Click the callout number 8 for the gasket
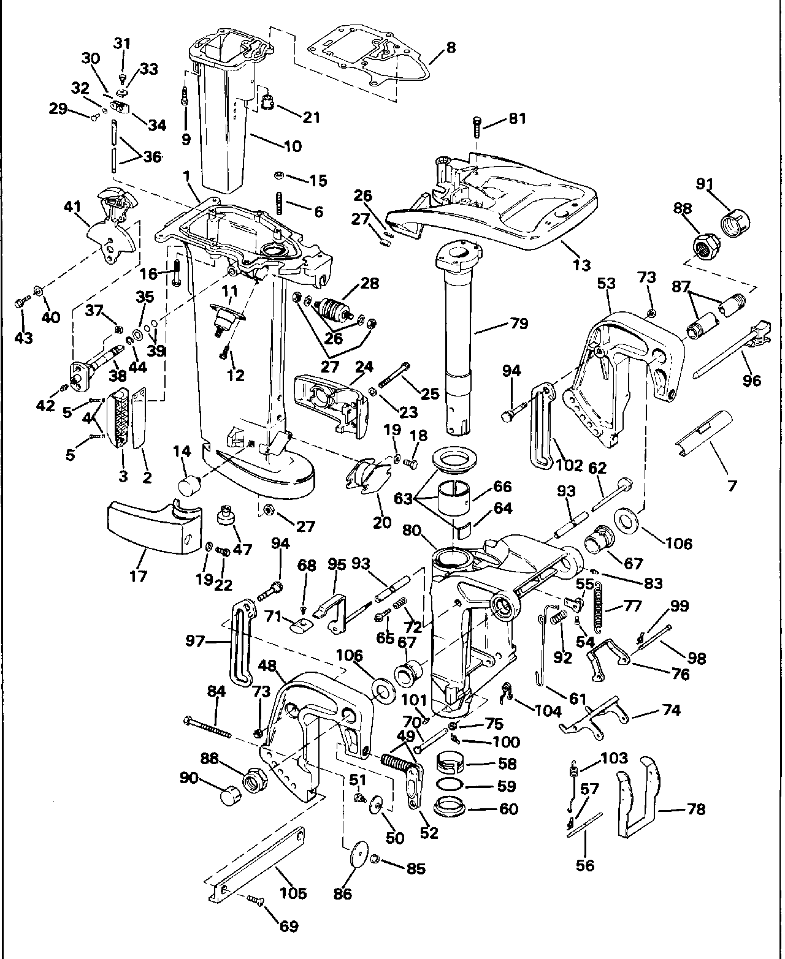pos(451,47)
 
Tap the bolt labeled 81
pos(477,126)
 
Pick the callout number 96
pos(751,381)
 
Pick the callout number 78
pos(695,809)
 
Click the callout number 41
pos(72,207)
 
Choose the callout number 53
pos(606,284)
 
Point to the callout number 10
pos(293,146)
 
